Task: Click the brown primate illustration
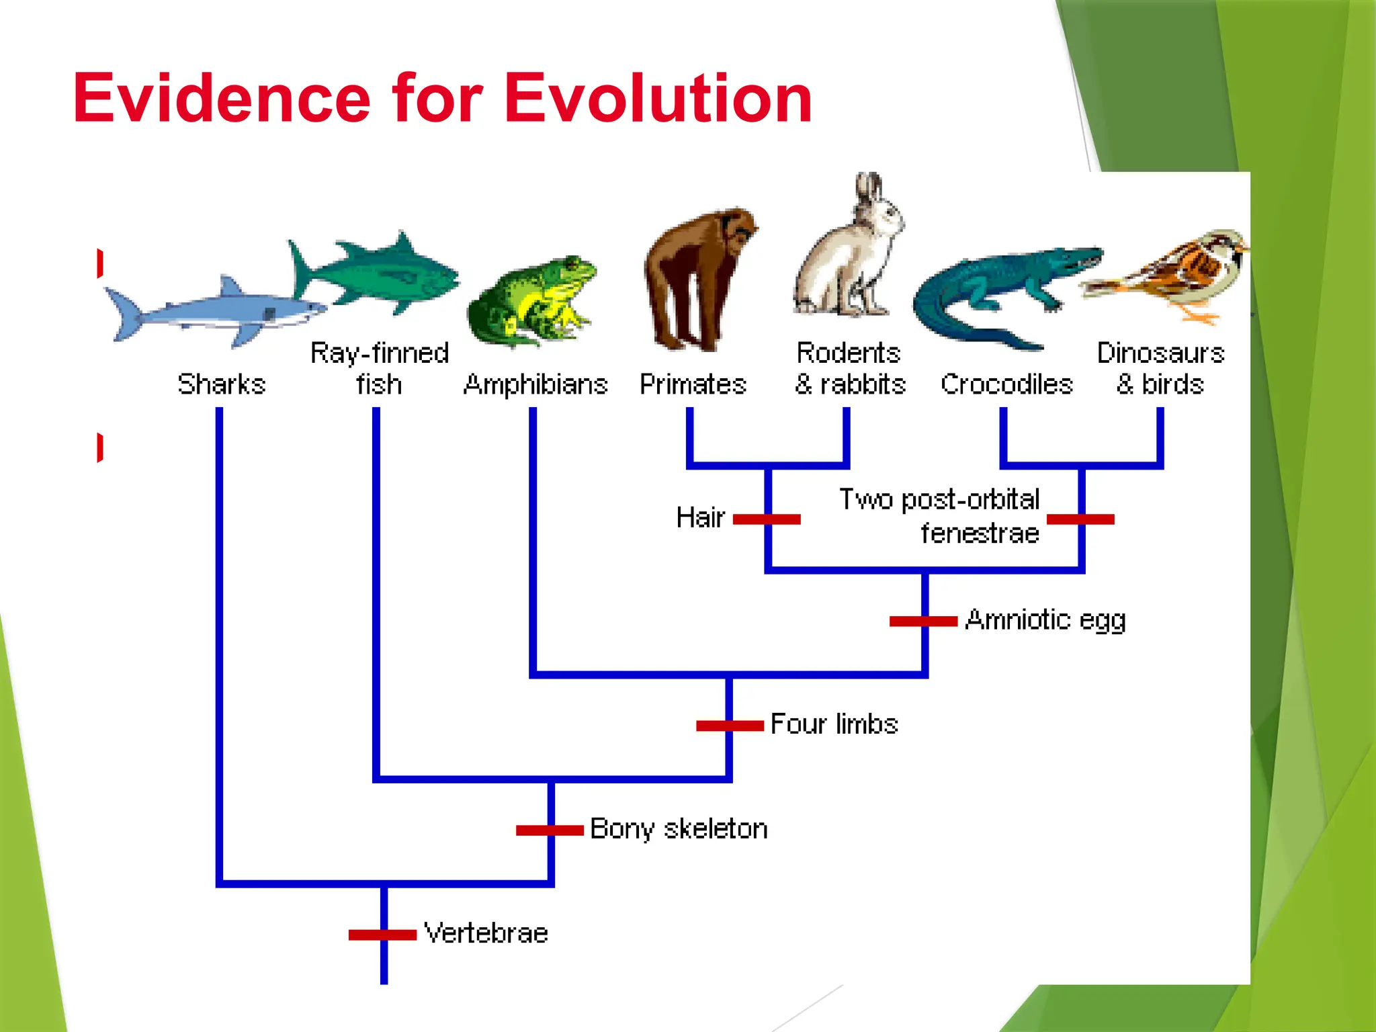coord(695,279)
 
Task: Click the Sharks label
coord(222,385)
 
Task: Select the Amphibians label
coord(535,385)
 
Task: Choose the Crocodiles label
coord(1006,385)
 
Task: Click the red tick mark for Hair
coord(767,519)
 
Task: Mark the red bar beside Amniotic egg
coord(923,621)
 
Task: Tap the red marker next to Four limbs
coord(730,726)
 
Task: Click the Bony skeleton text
coord(679,829)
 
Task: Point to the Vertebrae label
coord(486,933)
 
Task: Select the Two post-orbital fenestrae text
coord(941,516)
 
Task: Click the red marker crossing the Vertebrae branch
coord(382,935)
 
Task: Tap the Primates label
coord(693,385)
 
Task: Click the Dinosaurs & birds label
coord(1160,369)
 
